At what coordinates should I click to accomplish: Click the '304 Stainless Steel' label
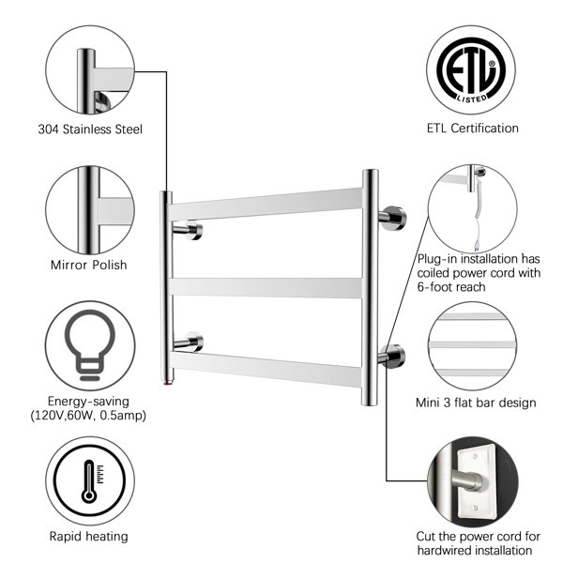(x=90, y=129)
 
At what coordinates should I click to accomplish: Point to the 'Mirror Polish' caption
(x=88, y=265)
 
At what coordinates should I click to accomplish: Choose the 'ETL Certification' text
(x=471, y=129)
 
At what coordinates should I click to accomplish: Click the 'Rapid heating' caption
(x=88, y=537)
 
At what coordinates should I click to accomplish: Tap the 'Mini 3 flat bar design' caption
(x=476, y=403)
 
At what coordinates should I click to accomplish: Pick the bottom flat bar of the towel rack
(x=267, y=369)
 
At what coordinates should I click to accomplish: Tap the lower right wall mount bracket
(x=391, y=354)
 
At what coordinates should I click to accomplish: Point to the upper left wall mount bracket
(x=189, y=230)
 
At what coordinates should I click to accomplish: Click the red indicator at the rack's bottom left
(x=167, y=385)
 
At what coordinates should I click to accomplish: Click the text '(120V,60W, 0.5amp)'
(x=88, y=415)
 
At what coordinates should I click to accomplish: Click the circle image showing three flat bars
(x=473, y=343)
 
